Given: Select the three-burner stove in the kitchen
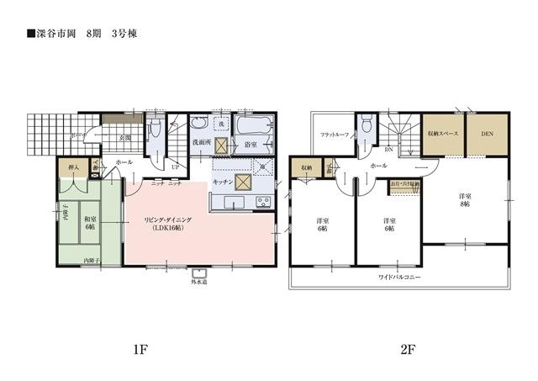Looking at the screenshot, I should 262,202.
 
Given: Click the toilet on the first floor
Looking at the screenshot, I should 153,132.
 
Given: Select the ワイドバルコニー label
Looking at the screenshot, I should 399,277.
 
